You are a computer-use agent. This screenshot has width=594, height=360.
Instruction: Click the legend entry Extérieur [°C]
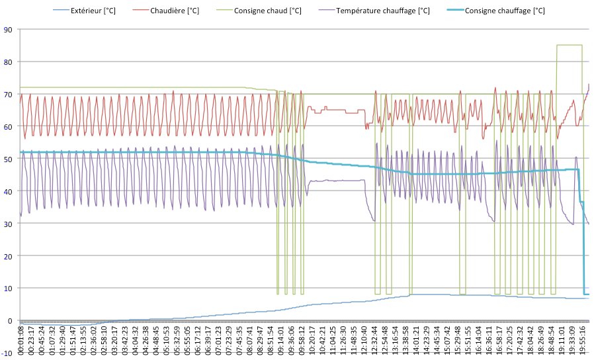tap(92, 11)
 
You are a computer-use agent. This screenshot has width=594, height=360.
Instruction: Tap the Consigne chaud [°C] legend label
tap(268, 11)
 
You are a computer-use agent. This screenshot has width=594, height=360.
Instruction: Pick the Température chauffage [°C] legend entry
tap(382, 11)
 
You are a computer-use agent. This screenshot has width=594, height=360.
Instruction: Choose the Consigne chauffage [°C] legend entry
tap(505, 11)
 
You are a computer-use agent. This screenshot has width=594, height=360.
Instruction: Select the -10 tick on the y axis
tap(7, 353)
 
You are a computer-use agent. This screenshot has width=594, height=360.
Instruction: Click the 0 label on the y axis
tap(10, 321)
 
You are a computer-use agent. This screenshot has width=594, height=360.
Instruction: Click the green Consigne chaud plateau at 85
tap(570, 45)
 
